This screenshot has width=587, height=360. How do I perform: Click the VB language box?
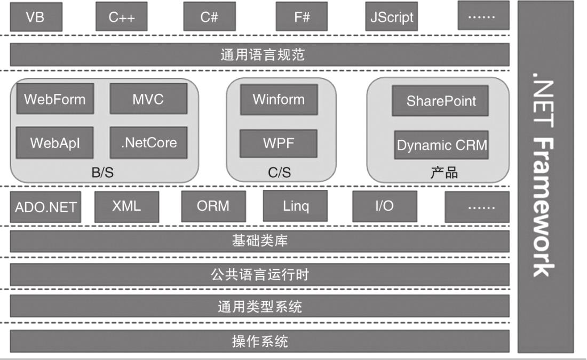coord(36,17)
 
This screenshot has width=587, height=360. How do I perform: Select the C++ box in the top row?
coord(122,17)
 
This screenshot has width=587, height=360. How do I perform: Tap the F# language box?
coord(302,17)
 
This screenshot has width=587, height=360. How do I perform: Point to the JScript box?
coord(392,17)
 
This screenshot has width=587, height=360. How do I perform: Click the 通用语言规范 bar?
coord(260,54)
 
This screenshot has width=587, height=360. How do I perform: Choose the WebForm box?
coord(55,99)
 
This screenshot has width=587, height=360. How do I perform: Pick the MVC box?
coord(148,99)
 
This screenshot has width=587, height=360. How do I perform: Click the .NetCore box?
coord(148,143)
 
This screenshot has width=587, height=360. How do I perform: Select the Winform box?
coord(279,99)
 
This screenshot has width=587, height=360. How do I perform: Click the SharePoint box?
coord(441,101)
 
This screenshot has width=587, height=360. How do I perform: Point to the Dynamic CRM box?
coord(442,145)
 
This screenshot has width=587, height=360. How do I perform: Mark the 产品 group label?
coord(444,172)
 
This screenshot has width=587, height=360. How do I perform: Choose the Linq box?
coord(296,206)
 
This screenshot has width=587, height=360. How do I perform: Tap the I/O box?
coord(384,206)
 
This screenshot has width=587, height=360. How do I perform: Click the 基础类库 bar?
coord(260,241)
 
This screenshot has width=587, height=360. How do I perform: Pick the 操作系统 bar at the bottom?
coord(260,341)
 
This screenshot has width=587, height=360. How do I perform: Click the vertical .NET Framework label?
coord(545,176)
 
